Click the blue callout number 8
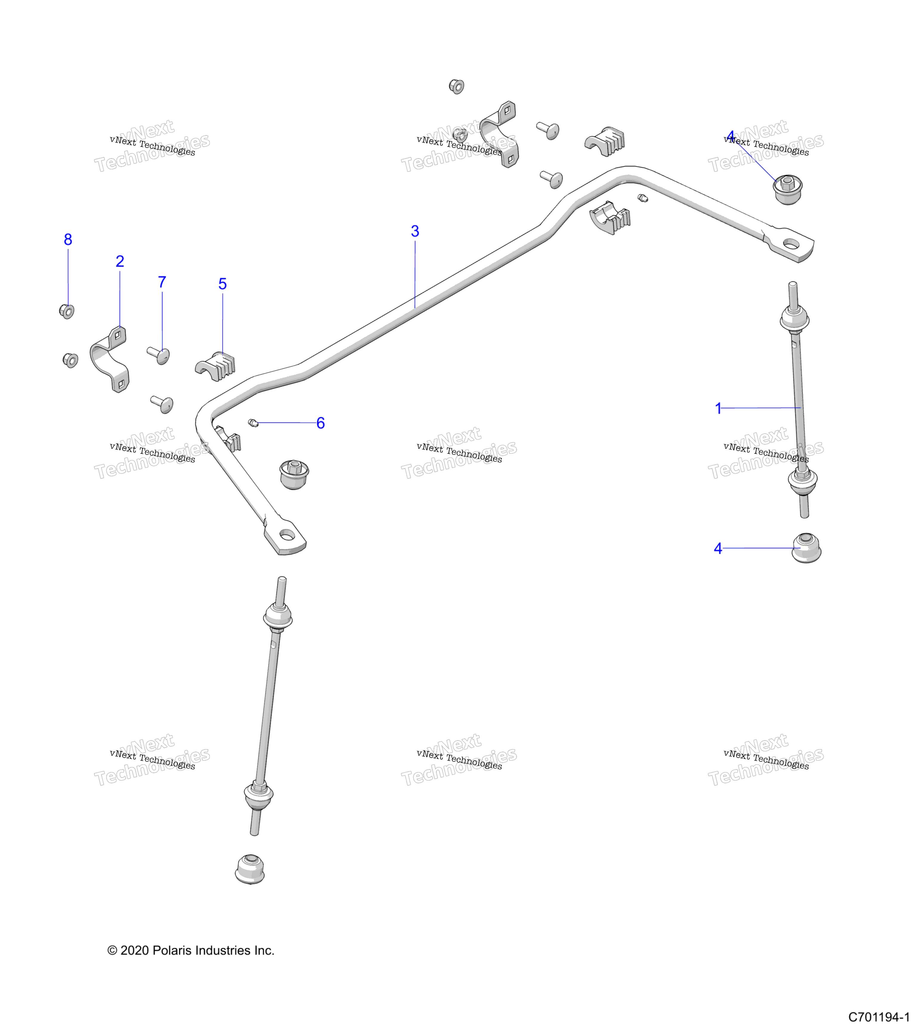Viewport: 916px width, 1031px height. click(x=68, y=240)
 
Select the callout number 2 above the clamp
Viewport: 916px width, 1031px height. click(x=120, y=261)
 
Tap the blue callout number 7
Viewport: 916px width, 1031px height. click(x=162, y=282)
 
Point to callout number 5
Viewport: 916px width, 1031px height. click(x=222, y=284)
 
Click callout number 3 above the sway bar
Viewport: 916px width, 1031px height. click(x=415, y=231)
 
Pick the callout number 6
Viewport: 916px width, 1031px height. click(x=321, y=423)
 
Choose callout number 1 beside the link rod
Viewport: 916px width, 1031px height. click(x=718, y=409)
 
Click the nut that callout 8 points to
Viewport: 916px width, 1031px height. click(x=66, y=311)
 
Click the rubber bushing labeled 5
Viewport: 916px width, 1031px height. click(x=215, y=366)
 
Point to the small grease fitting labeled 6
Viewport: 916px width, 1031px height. click(x=253, y=423)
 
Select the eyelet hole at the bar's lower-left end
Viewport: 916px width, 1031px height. click(x=287, y=535)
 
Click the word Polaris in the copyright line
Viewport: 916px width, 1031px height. click(x=172, y=951)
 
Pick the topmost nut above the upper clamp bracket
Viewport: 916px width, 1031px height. click(x=456, y=86)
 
